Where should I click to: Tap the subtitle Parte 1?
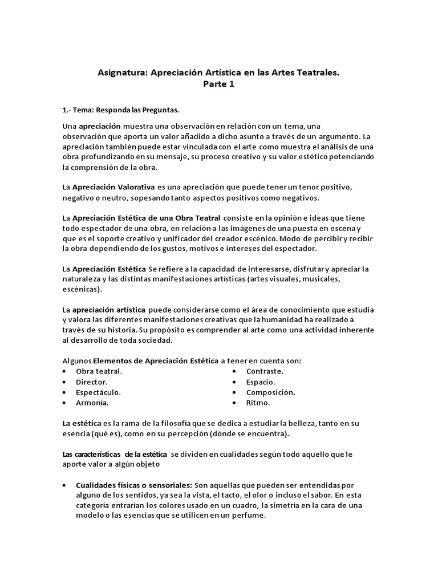(218, 85)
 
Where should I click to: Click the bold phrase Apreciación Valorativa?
(107, 187)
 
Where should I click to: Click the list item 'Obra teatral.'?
(99, 371)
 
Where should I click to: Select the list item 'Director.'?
(91, 382)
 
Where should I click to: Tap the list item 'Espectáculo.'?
(98, 392)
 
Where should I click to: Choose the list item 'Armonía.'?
(92, 403)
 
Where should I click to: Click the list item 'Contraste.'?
(265, 371)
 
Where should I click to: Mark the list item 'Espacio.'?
(261, 382)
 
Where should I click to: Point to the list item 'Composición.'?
(270, 392)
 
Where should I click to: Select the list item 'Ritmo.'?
(258, 403)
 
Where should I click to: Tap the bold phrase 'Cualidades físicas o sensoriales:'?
(134, 485)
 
